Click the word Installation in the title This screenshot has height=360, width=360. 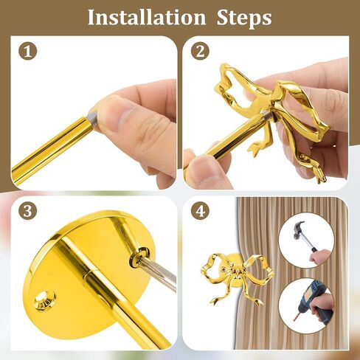tap(147, 17)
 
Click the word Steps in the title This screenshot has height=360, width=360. tap(244, 18)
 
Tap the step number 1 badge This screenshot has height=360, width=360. tap(27, 52)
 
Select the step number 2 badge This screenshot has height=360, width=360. tap(200, 52)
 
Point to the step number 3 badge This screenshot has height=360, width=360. tap(27, 211)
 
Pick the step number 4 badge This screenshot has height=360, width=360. tap(200, 211)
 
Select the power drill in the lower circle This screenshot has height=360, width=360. tap(312, 304)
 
